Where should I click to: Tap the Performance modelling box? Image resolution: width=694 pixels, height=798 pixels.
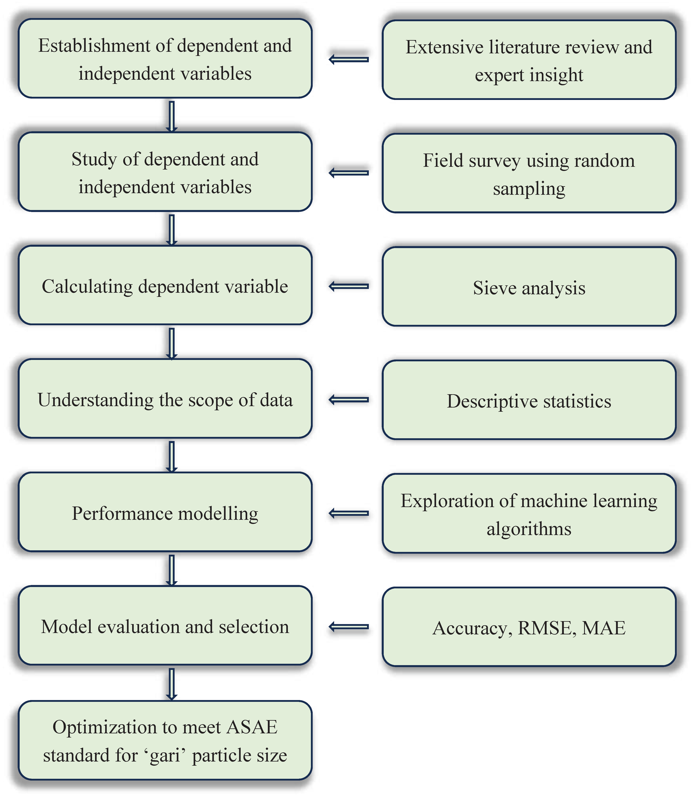[x=165, y=513]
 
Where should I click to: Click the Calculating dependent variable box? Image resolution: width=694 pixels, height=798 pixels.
[x=165, y=286]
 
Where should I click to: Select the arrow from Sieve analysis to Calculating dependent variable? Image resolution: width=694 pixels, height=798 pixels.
[x=349, y=286]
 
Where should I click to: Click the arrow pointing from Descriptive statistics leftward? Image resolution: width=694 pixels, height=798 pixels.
[x=349, y=400]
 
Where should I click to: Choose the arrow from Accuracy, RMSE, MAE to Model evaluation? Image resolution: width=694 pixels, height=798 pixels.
[x=349, y=626]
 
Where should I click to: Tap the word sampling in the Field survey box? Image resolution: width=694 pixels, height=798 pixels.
[x=529, y=189]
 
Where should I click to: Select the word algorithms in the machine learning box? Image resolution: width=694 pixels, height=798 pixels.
[x=529, y=529]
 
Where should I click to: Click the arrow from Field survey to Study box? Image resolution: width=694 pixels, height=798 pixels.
[x=349, y=173]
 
